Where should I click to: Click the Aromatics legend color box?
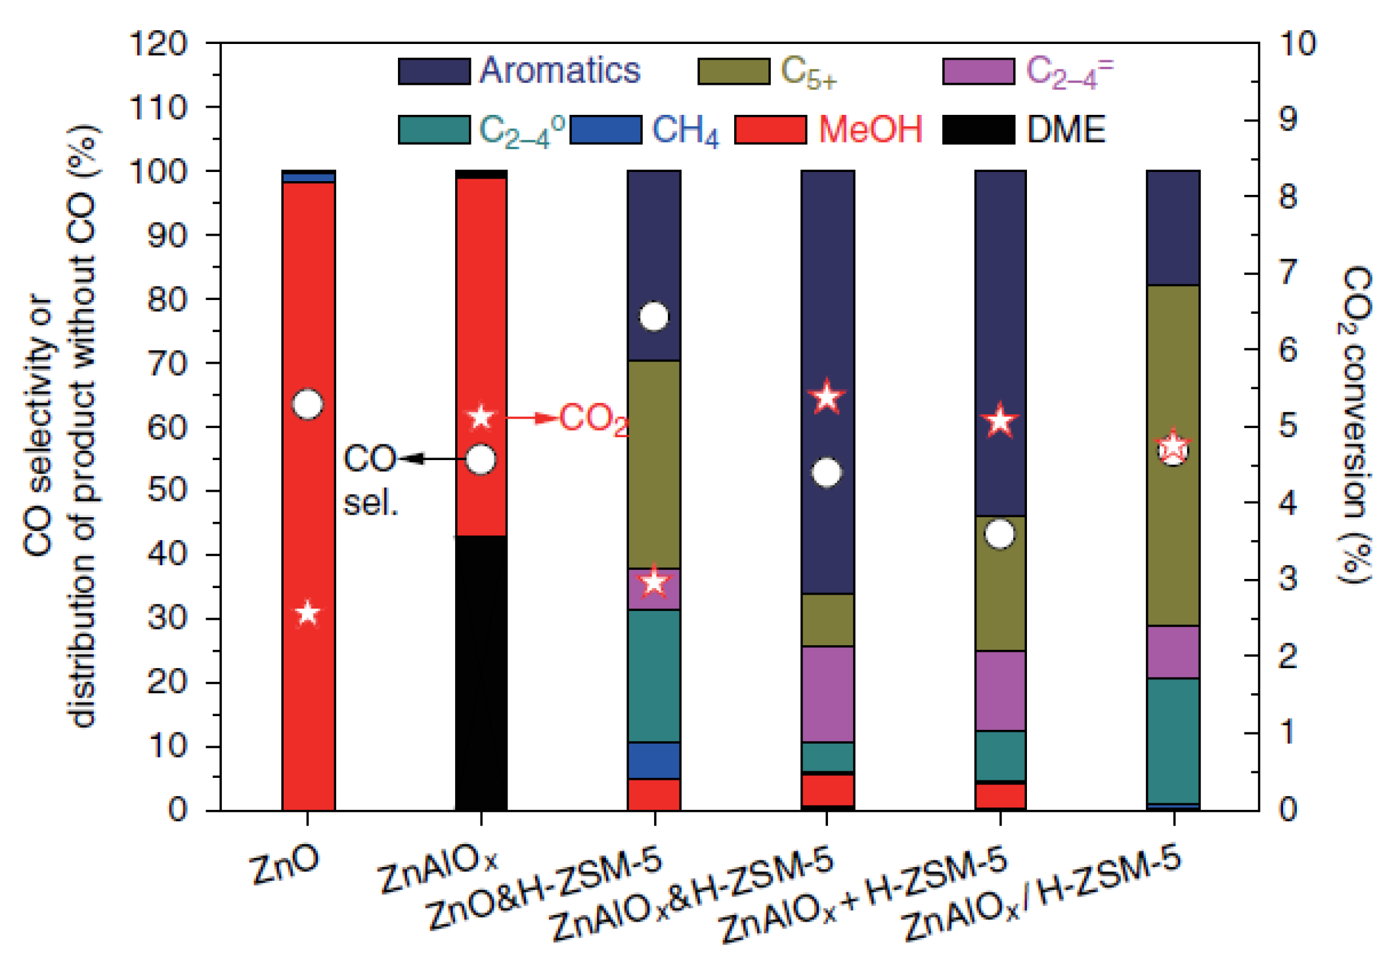tap(434, 71)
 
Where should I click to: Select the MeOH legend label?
tap(870, 129)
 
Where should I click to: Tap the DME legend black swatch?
tap(978, 129)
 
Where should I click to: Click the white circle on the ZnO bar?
tap(307, 404)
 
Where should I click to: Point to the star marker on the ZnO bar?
tap(307, 613)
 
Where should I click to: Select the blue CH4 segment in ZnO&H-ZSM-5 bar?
tap(654, 760)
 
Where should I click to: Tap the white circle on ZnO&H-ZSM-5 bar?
tap(654, 316)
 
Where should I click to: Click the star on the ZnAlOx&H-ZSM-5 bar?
tap(827, 397)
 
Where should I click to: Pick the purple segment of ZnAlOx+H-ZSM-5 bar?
tap(1000, 691)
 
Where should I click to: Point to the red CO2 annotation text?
tap(594, 419)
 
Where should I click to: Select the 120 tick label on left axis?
tap(159, 45)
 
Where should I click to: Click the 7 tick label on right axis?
tap(1289, 272)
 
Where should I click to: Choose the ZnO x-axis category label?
tap(285, 865)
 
